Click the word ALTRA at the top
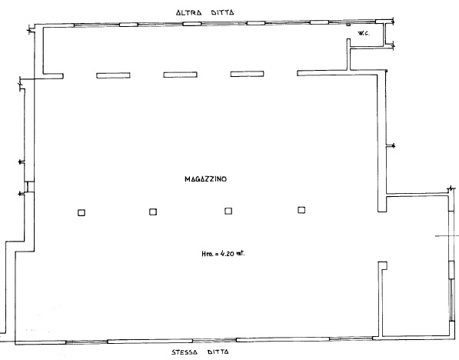click(188, 12)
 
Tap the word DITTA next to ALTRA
click(222, 12)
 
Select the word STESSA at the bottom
click(185, 352)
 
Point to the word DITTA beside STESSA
click(218, 352)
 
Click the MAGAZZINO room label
click(205, 179)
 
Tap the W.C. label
click(364, 33)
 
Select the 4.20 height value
click(227, 253)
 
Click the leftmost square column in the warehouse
click(81, 212)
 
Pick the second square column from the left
click(153, 212)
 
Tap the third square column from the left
click(228, 211)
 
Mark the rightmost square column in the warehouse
click(301, 210)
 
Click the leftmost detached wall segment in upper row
click(113, 75)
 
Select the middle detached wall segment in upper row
click(180, 75)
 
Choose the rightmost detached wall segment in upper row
click(247, 74)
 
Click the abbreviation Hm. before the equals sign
click(207, 254)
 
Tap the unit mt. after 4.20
click(241, 253)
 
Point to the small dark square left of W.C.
click(348, 25)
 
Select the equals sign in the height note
click(217, 254)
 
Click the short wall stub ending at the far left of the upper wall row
click(53, 76)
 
